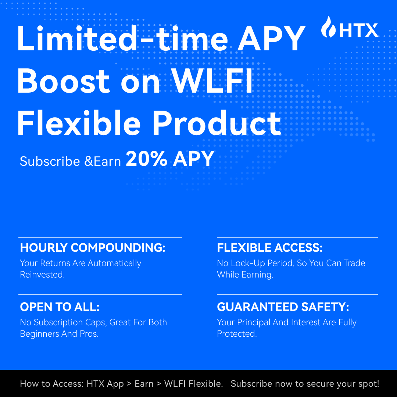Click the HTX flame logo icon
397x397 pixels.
[328, 27]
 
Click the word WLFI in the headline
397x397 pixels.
[213, 81]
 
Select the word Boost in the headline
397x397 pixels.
[63, 81]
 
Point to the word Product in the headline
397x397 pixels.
[217, 123]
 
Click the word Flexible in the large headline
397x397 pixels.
[79, 123]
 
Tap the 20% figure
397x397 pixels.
[147, 158]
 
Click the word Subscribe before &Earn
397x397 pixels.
[50, 161]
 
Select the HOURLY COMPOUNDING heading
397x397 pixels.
[93, 248]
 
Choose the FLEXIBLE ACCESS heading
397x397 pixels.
[270, 248]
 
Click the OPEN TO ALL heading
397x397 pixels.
[60, 307]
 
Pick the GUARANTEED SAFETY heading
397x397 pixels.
[283, 307]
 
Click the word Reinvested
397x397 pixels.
[42, 275]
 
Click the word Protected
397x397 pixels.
[237, 334]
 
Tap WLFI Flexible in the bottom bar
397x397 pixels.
[193, 383]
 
